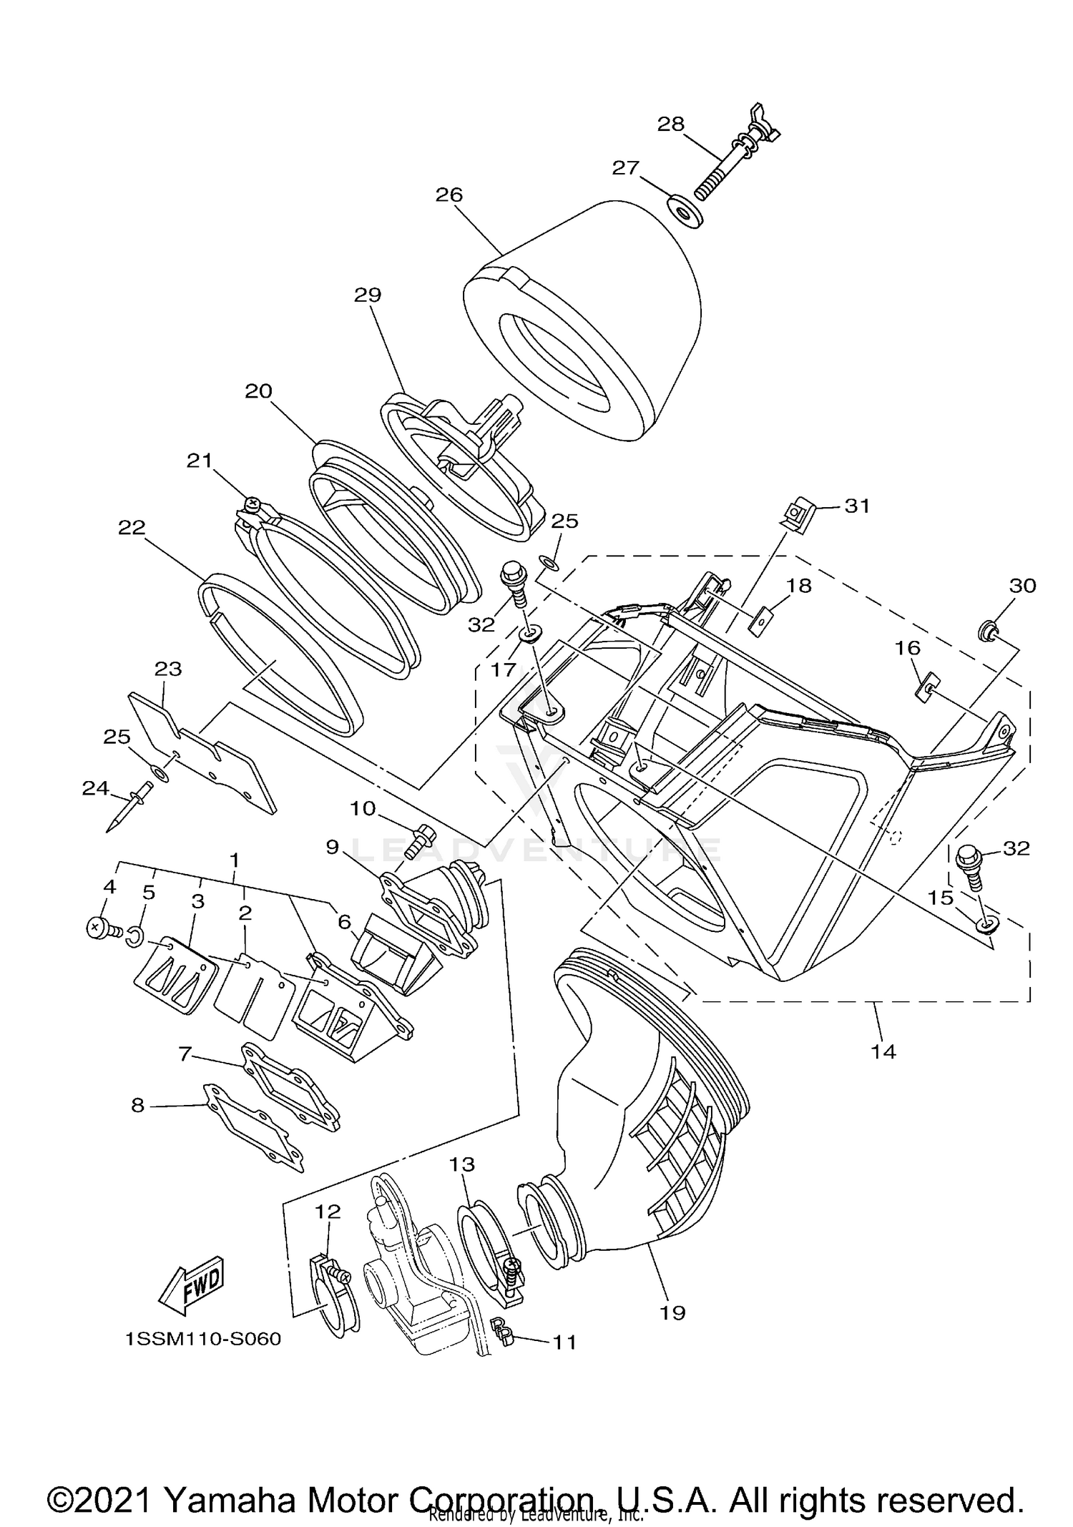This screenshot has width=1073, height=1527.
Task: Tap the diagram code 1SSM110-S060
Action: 203,1339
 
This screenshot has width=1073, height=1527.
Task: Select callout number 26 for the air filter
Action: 449,195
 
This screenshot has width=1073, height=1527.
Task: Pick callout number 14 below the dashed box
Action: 883,1051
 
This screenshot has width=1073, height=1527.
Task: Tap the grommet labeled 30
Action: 987,630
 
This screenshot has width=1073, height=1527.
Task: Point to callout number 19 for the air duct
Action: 673,1312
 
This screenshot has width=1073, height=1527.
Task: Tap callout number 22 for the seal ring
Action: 132,528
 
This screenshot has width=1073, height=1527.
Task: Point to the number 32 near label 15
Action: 1016,848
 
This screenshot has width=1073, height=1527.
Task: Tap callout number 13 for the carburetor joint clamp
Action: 462,1165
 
